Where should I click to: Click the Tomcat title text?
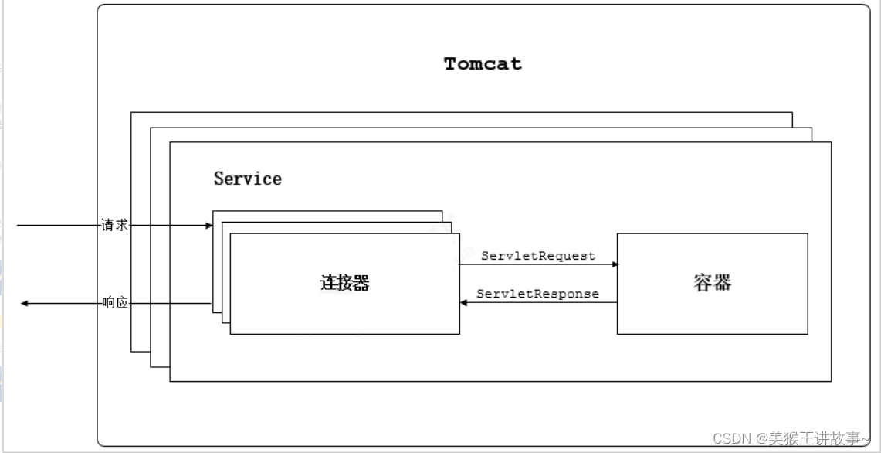pyautogui.click(x=483, y=64)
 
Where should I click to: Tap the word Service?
pyautogui.click(x=247, y=179)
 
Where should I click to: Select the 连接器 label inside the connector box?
pyautogui.click(x=344, y=283)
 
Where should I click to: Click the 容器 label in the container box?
pyautogui.click(x=712, y=283)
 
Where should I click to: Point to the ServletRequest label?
pyautogui.click(x=538, y=255)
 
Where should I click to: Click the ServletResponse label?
pyautogui.click(x=537, y=294)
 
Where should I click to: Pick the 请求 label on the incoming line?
pyautogui.click(x=114, y=225)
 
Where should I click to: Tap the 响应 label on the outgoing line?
pyautogui.click(x=114, y=303)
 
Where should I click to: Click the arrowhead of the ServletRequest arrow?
pyautogui.click(x=615, y=264)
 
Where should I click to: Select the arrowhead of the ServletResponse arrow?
pyautogui.click(x=464, y=303)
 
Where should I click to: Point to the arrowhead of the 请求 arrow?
pyautogui.click(x=208, y=226)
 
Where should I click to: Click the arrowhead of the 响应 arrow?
pyautogui.click(x=25, y=304)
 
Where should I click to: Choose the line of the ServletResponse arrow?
pyautogui.click(x=540, y=303)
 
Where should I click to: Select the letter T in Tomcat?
pyautogui.click(x=451, y=64)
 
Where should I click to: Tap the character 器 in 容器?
pyautogui.click(x=722, y=283)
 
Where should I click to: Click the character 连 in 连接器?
pyautogui.click(x=327, y=283)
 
